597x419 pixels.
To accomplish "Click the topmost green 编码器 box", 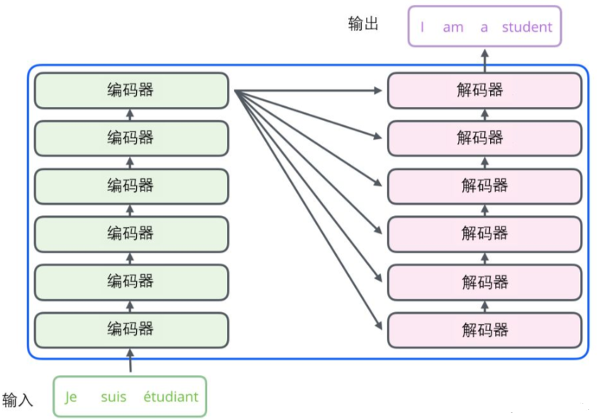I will pyautogui.click(x=131, y=90).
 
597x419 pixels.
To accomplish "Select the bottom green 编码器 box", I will pyautogui.click(x=131, y=329).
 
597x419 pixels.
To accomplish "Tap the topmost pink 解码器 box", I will pyautogui.click(x=484, y=90).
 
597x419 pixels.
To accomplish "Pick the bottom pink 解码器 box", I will pyautogui.click(x=484, y=330).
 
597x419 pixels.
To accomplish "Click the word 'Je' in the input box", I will pyautogui.click(x=71, y=397).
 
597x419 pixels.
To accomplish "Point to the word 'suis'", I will pyautogui.click(x=113, y=397).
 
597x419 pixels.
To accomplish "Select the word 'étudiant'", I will pyautogui.click(x=170, y=397).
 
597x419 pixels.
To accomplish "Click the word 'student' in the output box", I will pyautogui.click(x=527, y=28).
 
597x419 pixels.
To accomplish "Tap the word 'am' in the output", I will pyautogui.click(x=452, y=28).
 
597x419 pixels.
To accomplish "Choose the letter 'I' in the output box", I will pyautogui.click(x=423, y=28).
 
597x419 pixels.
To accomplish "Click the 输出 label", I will pyautogui.click(x=363, y=24).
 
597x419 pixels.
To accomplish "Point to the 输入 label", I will pyautogui.click(x=18, y=400).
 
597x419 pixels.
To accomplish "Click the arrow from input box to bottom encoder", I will pyautogui.click(x=130, y=362).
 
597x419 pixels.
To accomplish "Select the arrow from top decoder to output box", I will pyautogui.click(x=485, y=59).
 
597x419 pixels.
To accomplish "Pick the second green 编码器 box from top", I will pyautogui.click(x=131, y=138).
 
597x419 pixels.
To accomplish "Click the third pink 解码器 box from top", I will pyautogui.click(x=484, y=185).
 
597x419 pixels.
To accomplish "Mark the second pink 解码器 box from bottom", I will pyautogui.click(x=484, y=282).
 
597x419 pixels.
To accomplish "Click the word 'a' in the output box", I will pyautogui.click(x=484, y=28).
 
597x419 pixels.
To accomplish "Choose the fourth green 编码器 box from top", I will pyautogui.click(x=131, y=234).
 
